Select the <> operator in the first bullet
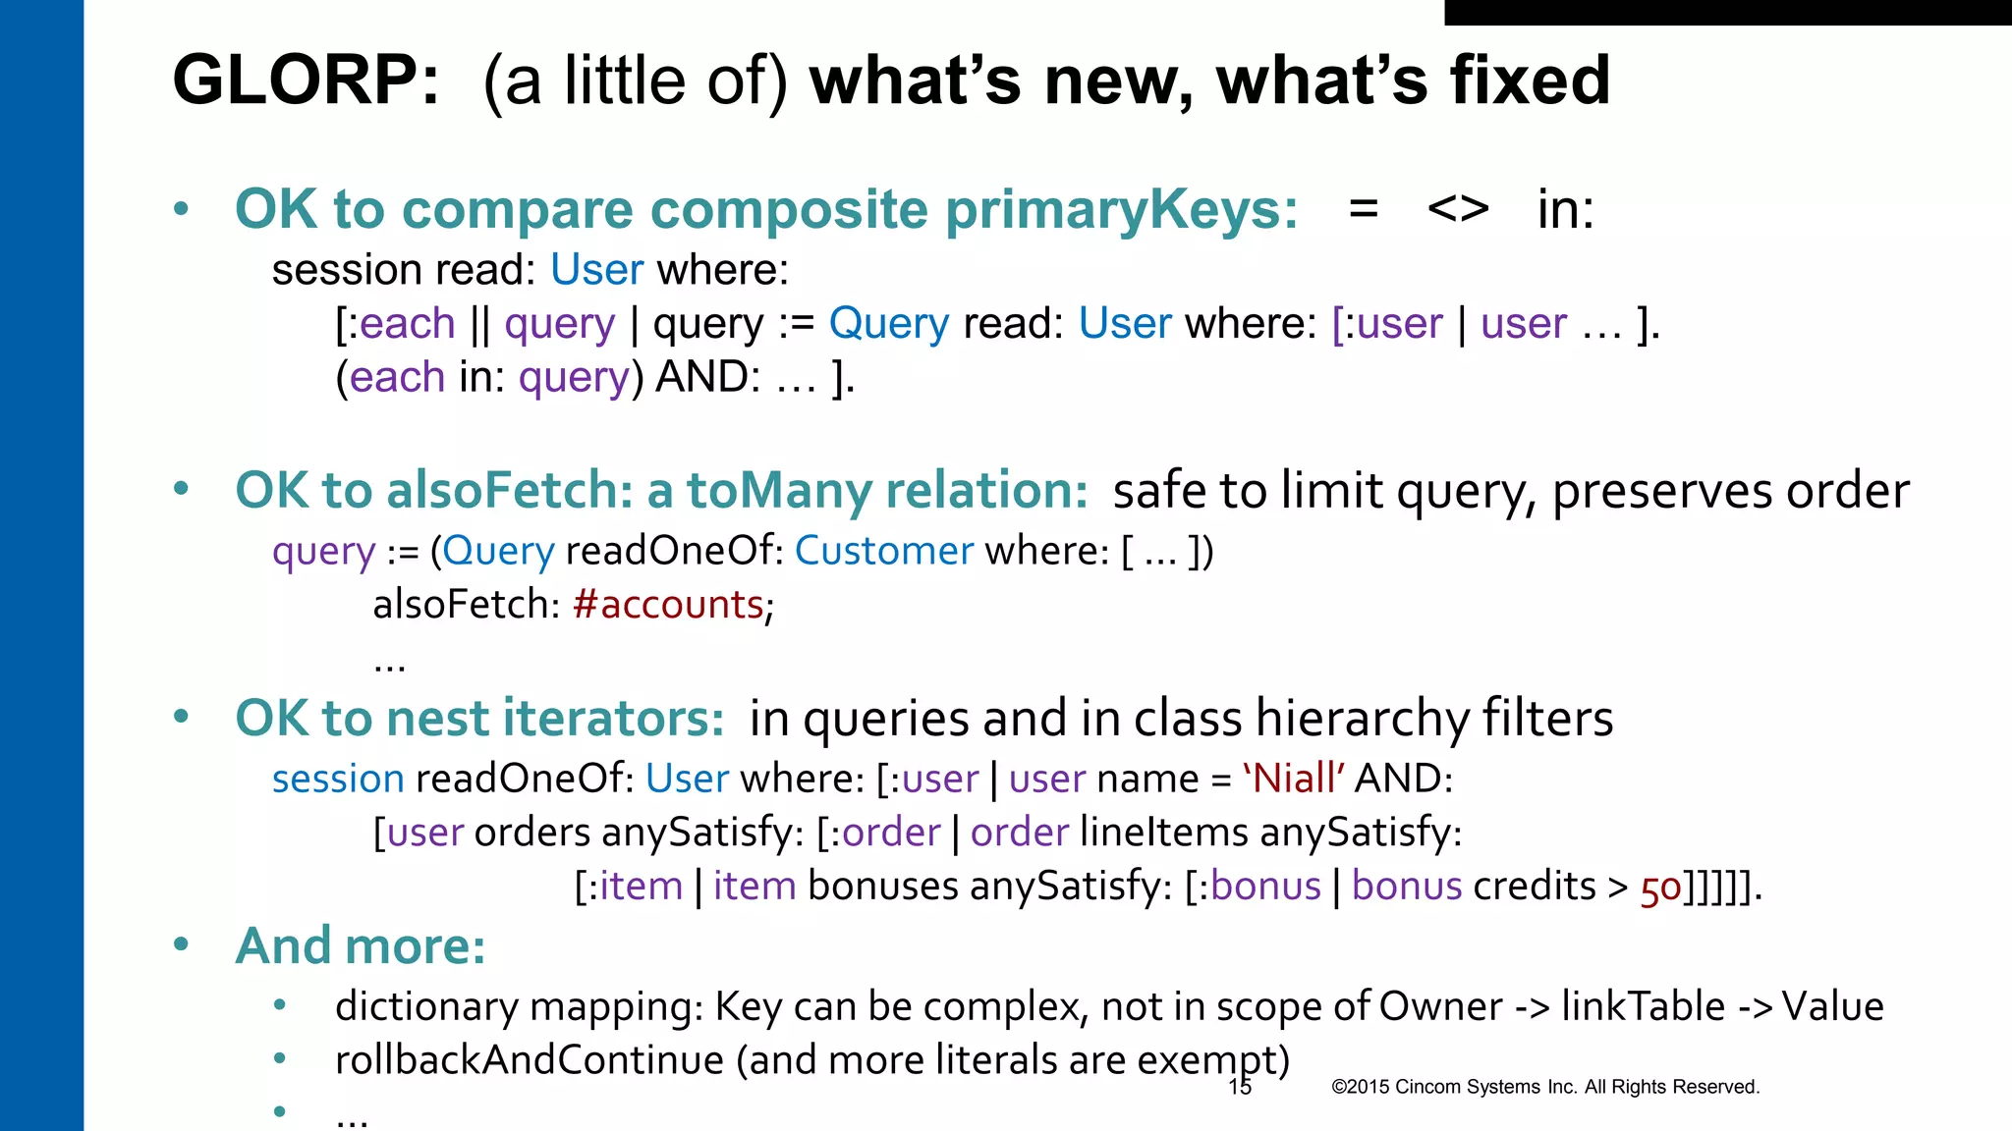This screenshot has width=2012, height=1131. pos(1458,209)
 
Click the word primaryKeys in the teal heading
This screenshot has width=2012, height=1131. pos(1120,210)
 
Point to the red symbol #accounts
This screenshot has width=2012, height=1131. pos(668,605)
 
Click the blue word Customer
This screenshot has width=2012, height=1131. pos(883,551)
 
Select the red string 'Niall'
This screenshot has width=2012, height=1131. pos(1293,779)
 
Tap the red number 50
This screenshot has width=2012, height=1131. pos(1660,888)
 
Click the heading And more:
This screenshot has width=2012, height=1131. pos(361,946)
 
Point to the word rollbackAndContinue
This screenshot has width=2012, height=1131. pos(529,1060)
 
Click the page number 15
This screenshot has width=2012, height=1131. pos(1240,1087)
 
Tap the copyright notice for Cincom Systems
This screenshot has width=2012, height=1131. pos(1544,1087)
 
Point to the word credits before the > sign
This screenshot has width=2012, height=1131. pos(1534,887)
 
